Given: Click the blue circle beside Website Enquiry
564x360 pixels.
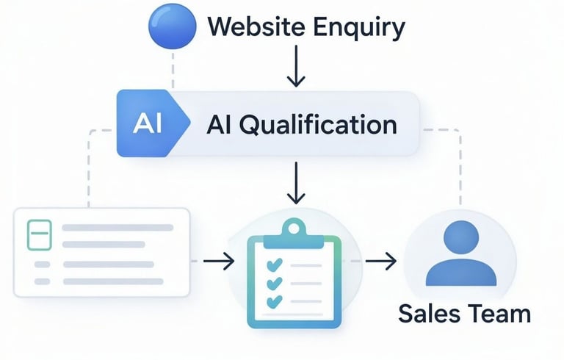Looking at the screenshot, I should tap(172, 27).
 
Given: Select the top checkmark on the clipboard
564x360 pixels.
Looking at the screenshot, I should tap(274, 264).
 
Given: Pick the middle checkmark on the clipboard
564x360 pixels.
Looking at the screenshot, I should tap(274, 283).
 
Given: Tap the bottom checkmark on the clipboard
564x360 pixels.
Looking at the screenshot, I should tap(274, 301).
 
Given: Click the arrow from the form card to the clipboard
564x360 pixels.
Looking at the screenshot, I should tap(219, 260).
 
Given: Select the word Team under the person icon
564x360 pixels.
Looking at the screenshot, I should tap(496, 313).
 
